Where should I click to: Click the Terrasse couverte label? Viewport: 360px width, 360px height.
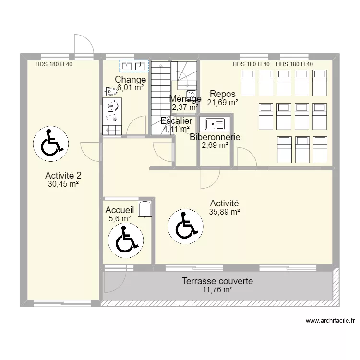point(217,281)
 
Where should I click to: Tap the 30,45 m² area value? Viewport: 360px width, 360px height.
point(63,184)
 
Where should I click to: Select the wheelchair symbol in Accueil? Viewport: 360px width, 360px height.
point(126,240)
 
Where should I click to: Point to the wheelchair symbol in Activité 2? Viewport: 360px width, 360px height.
point(51,144)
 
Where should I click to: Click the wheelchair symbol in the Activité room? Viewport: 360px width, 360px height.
point(185,227)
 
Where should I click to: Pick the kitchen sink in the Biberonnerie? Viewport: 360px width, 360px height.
point(215,124)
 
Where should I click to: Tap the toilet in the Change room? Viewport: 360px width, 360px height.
point(110,91)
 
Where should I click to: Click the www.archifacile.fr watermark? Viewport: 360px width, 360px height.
point(330,320)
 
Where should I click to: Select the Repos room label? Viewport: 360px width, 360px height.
point(222,94)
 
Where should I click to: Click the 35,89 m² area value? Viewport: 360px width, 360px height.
point(225,212)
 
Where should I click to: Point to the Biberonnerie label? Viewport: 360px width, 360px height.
point(215,137)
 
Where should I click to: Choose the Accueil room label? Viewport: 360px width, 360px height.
point(120,210)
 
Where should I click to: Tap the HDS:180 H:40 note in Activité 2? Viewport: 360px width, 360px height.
point(54,64)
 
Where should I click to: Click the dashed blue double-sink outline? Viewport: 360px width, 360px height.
point(134,66)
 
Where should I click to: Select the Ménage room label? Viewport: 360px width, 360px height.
point(185,99)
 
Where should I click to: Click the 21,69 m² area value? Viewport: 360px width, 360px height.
point(222,102)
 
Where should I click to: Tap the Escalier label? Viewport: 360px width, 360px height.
point(176,121)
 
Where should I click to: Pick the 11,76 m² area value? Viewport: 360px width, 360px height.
point(217,290)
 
